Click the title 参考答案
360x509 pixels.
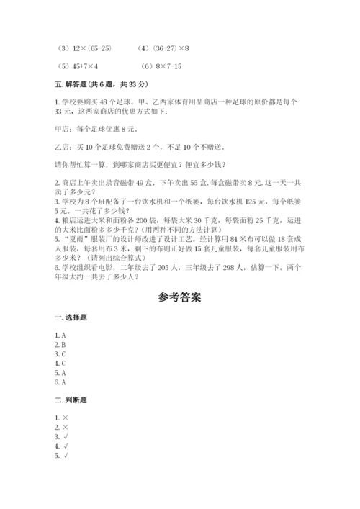[x=179, y=297]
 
